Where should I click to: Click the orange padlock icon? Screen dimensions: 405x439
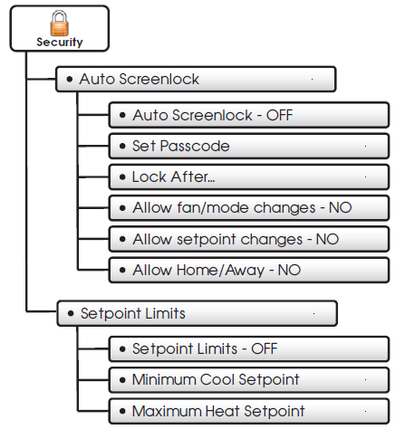click(59, 23)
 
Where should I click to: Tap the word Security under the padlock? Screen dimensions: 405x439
click(60, 43)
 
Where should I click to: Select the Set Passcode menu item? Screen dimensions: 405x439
click(249, 146)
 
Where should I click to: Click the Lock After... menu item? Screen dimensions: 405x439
click(249, 177)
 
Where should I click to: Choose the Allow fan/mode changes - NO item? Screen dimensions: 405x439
click(249, 208)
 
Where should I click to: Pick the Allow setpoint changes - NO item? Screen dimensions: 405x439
click(249, 239)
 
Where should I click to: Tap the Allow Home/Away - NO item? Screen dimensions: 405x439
click(249, 270)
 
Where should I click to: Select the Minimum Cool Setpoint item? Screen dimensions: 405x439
click(249, 379)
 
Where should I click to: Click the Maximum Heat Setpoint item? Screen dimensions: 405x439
click(249, 411)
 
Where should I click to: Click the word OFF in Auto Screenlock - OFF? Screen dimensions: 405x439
click(279, 115)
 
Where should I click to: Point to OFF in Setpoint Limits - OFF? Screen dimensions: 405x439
click(265, 348)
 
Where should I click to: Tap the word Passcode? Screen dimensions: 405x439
click(195, 146)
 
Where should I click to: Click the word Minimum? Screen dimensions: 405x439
click(164, 379)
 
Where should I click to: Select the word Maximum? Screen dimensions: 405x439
click(167, 411)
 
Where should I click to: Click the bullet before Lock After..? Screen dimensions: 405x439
click(122, 177)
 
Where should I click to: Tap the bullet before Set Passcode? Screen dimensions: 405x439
click(122, 147)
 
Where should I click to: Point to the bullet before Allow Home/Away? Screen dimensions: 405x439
click(122, 270)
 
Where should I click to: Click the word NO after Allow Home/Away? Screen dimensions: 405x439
click(289, 270)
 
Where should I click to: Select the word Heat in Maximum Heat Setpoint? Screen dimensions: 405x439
click(223, 411)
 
